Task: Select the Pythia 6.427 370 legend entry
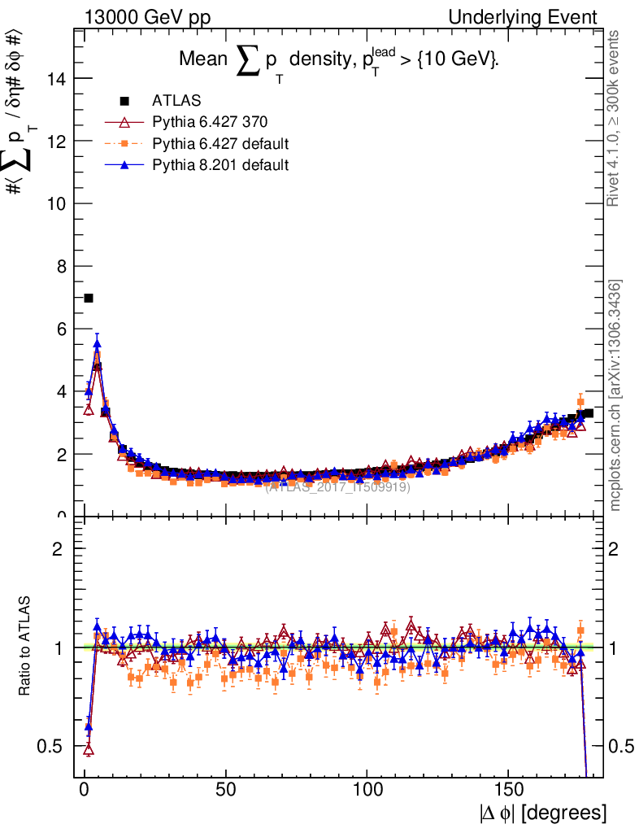click(x=210, y=122)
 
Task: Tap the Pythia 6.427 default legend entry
click(x=220, y=144)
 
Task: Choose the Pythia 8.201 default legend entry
click(x=220, y=165)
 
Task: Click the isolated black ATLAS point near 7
click(x=89, y=299)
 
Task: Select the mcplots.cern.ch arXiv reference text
click(x=615, y=395)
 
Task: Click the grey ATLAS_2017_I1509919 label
click(x=337, y=487)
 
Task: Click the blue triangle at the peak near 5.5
click(x=97, y=344)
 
